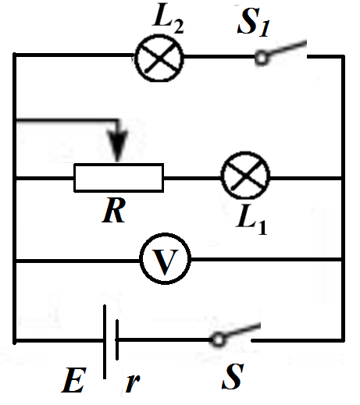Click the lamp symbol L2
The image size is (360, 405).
pos(159,57)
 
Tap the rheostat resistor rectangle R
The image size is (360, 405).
pos(119,177)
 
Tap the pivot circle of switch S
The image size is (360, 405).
pos(219,339)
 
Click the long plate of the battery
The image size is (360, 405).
pos(104,340)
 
